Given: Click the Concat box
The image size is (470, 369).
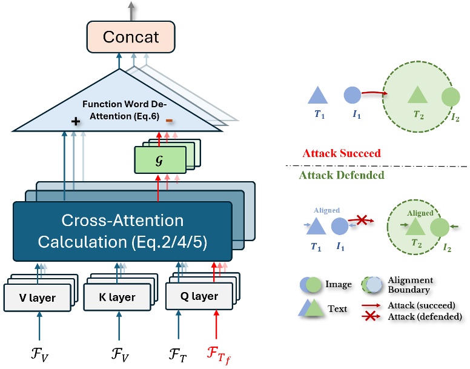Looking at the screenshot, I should point(130,36).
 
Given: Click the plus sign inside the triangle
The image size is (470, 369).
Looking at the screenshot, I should point(76,121).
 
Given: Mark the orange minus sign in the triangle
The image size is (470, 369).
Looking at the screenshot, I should point(169,120).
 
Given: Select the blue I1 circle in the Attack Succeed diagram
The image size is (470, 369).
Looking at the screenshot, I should point(352,95).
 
